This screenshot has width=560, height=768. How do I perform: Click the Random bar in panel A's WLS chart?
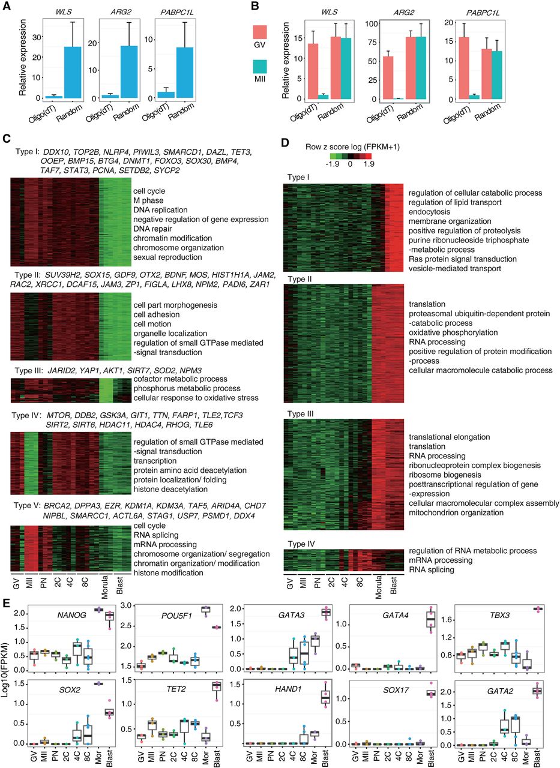click(73, 73)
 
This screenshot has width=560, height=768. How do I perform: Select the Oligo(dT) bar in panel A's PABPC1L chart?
click(166, 95)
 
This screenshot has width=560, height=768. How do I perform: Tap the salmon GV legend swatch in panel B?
click(260, 32)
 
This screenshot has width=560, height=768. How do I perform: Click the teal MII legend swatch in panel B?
click(260, 67)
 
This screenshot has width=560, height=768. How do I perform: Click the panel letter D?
click(285, 142)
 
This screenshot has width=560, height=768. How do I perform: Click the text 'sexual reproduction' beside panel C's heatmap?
click(167, 257)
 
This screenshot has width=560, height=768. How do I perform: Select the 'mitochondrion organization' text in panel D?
click(456, 512)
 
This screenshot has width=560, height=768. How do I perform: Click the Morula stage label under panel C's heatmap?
click(105, 587)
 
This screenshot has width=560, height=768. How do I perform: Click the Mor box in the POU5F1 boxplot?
click(206, 609)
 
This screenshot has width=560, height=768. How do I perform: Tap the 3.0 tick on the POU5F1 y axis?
click(127, 605)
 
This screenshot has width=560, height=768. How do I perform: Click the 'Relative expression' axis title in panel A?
click(23, 57)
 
